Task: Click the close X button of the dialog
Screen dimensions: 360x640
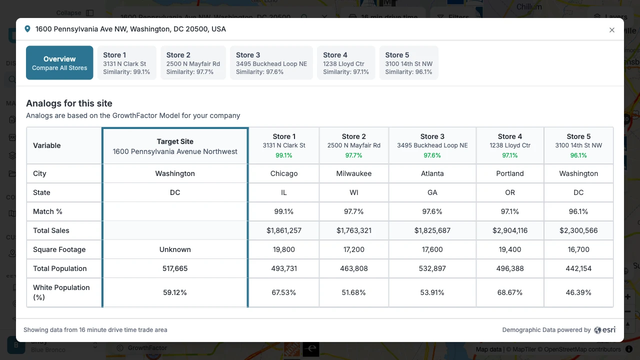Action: click(612, 30)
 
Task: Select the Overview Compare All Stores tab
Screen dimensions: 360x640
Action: click(59, 63)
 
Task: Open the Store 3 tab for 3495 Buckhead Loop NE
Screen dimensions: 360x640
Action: click(271, 63)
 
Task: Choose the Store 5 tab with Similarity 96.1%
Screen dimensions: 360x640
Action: click(408, 63)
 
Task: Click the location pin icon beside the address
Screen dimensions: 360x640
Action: click(27, 29)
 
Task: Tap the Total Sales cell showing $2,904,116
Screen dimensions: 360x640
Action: click(510, 230)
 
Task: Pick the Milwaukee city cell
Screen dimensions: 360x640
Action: click(353, 173)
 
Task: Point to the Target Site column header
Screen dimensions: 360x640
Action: click(175, 146)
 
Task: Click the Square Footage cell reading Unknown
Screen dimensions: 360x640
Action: click(175, 249)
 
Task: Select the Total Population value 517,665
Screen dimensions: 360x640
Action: click(175, 268)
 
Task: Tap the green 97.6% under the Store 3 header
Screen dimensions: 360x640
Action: click(432, 155)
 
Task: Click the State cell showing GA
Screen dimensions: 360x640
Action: click(432, 192)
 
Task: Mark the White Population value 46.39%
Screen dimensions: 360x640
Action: click(578, 292)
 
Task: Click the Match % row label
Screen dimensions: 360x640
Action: click(47, 211)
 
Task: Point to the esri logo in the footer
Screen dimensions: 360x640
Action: click(605, 330)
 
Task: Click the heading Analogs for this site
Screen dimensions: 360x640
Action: click(69, 103)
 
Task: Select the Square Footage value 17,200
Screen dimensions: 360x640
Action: click(353, 249)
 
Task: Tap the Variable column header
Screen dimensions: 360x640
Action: click(47, 145)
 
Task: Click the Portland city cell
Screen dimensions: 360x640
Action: click(510, 173)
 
